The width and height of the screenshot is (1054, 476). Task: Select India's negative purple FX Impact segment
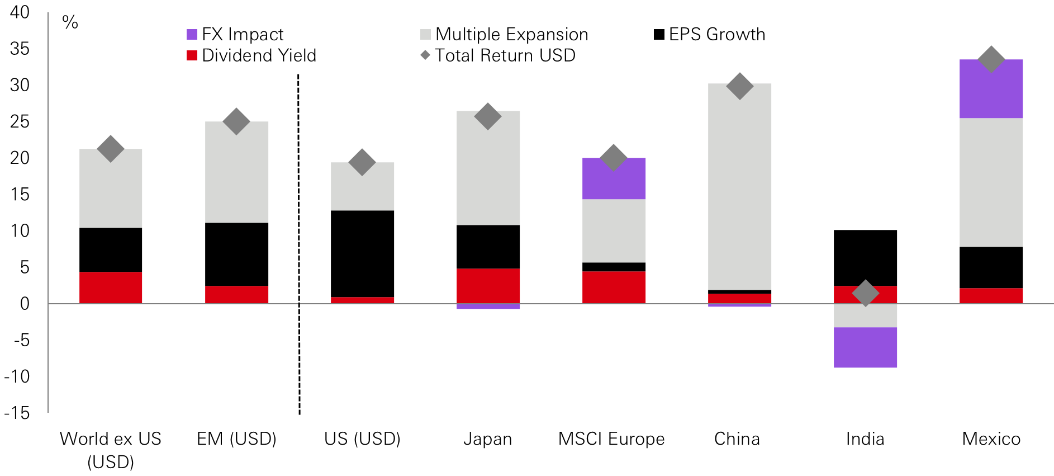(x=865, y=347)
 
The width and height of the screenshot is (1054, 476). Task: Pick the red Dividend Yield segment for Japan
(x=488, y=286)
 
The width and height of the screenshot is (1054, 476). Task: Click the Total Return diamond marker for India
(x=865, y=293)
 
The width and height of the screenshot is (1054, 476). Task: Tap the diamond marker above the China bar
(x=739, y=86)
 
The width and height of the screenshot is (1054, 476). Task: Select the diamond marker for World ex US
(x=111, y=149)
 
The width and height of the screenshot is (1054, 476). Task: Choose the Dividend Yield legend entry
(x=251, y=55)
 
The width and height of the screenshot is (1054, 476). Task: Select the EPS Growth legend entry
(x=710, y=35)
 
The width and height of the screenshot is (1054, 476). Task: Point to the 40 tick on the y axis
(x=20, y=12)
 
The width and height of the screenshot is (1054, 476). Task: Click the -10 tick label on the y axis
(x=18, y=376)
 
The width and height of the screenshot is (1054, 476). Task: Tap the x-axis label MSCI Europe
(x=611, y=439)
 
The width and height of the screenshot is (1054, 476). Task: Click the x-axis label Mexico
(x=991, y=439)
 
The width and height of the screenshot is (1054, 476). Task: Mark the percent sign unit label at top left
(x=70, y=22)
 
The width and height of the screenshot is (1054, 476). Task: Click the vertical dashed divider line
(x=299, y=246)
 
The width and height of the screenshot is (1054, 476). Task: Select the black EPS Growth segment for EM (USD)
(x=236, y=255)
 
